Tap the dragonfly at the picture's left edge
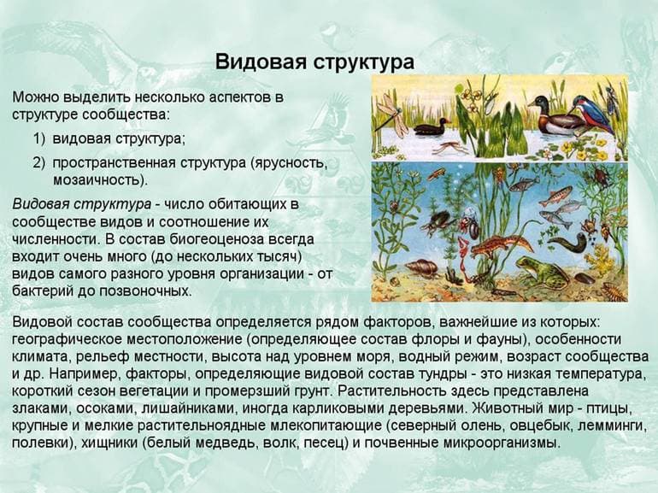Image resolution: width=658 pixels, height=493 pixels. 390,111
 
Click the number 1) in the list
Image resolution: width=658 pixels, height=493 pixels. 39,138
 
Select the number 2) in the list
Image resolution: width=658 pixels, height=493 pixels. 39,162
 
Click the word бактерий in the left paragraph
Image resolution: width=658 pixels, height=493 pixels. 41,291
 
